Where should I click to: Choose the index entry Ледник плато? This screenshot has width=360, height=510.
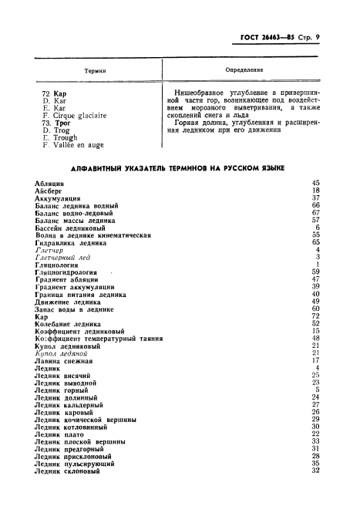(66, 434)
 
